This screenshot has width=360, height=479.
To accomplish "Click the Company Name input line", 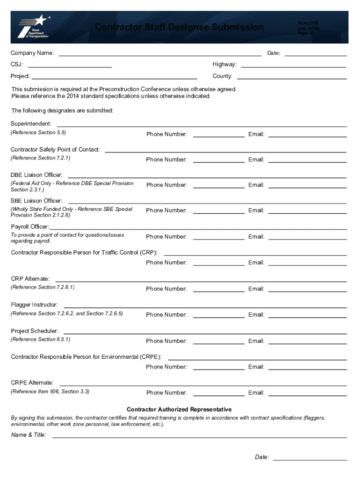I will click(159, 53).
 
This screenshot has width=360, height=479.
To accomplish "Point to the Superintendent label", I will click(31, 124).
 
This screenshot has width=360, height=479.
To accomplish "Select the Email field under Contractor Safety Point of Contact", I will click(307, 160).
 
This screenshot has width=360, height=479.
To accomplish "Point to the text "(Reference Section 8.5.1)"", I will click(41, 339).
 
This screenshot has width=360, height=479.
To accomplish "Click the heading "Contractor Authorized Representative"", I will click(179, 409).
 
